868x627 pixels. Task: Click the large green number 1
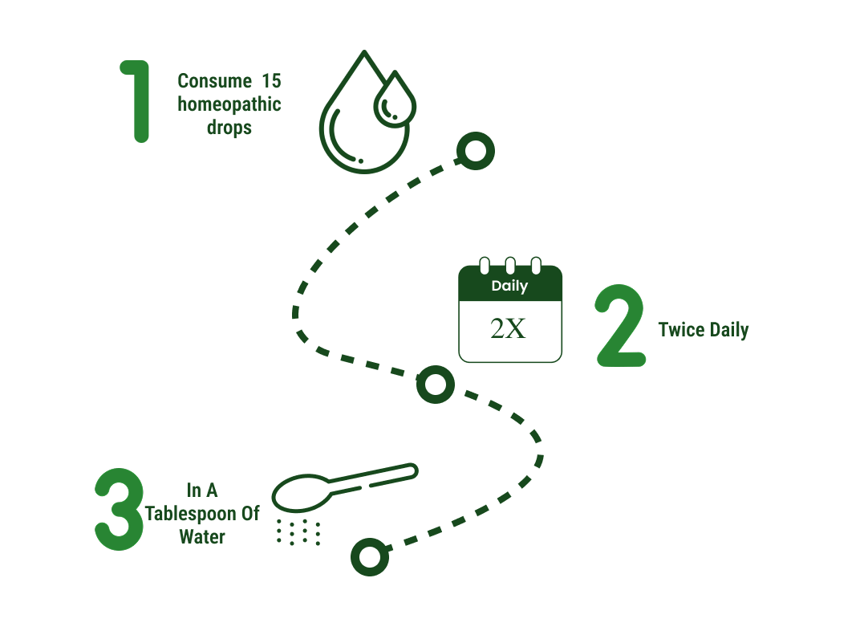pyautogui.click(x=140, y=101)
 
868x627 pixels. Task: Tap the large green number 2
pyautogui.click(x=621, y=326)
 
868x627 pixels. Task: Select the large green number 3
pyautogui.click(x=119, y=509)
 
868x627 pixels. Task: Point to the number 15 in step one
pyautogui.click(x=271, y=81)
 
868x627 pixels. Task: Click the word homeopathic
pyautogui.click(x=229, y=104)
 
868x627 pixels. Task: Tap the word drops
pyautogui.click(x=229, y=128)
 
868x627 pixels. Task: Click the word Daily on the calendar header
pyautogui.click(x=510, y=286)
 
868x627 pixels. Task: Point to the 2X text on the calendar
pyautogui.click(x=508, y=328)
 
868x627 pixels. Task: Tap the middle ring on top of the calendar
pyautogui.click(x=510, y=265)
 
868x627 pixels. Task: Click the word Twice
pyautogui.click(x=681, y=330)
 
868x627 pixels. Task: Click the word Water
pyautogui.click(x=202, y=537)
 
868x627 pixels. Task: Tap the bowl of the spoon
pyautogui.click(x=301, y=493)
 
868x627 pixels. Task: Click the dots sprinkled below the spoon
pyautogui.click(x=298, y=532)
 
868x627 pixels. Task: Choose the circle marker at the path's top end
pyautogui.click(x=476, y=151)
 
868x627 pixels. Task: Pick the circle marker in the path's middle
pyautogui.click(x=436, y=385)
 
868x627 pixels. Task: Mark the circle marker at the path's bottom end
pyautogui.click(x=370, y=556)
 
